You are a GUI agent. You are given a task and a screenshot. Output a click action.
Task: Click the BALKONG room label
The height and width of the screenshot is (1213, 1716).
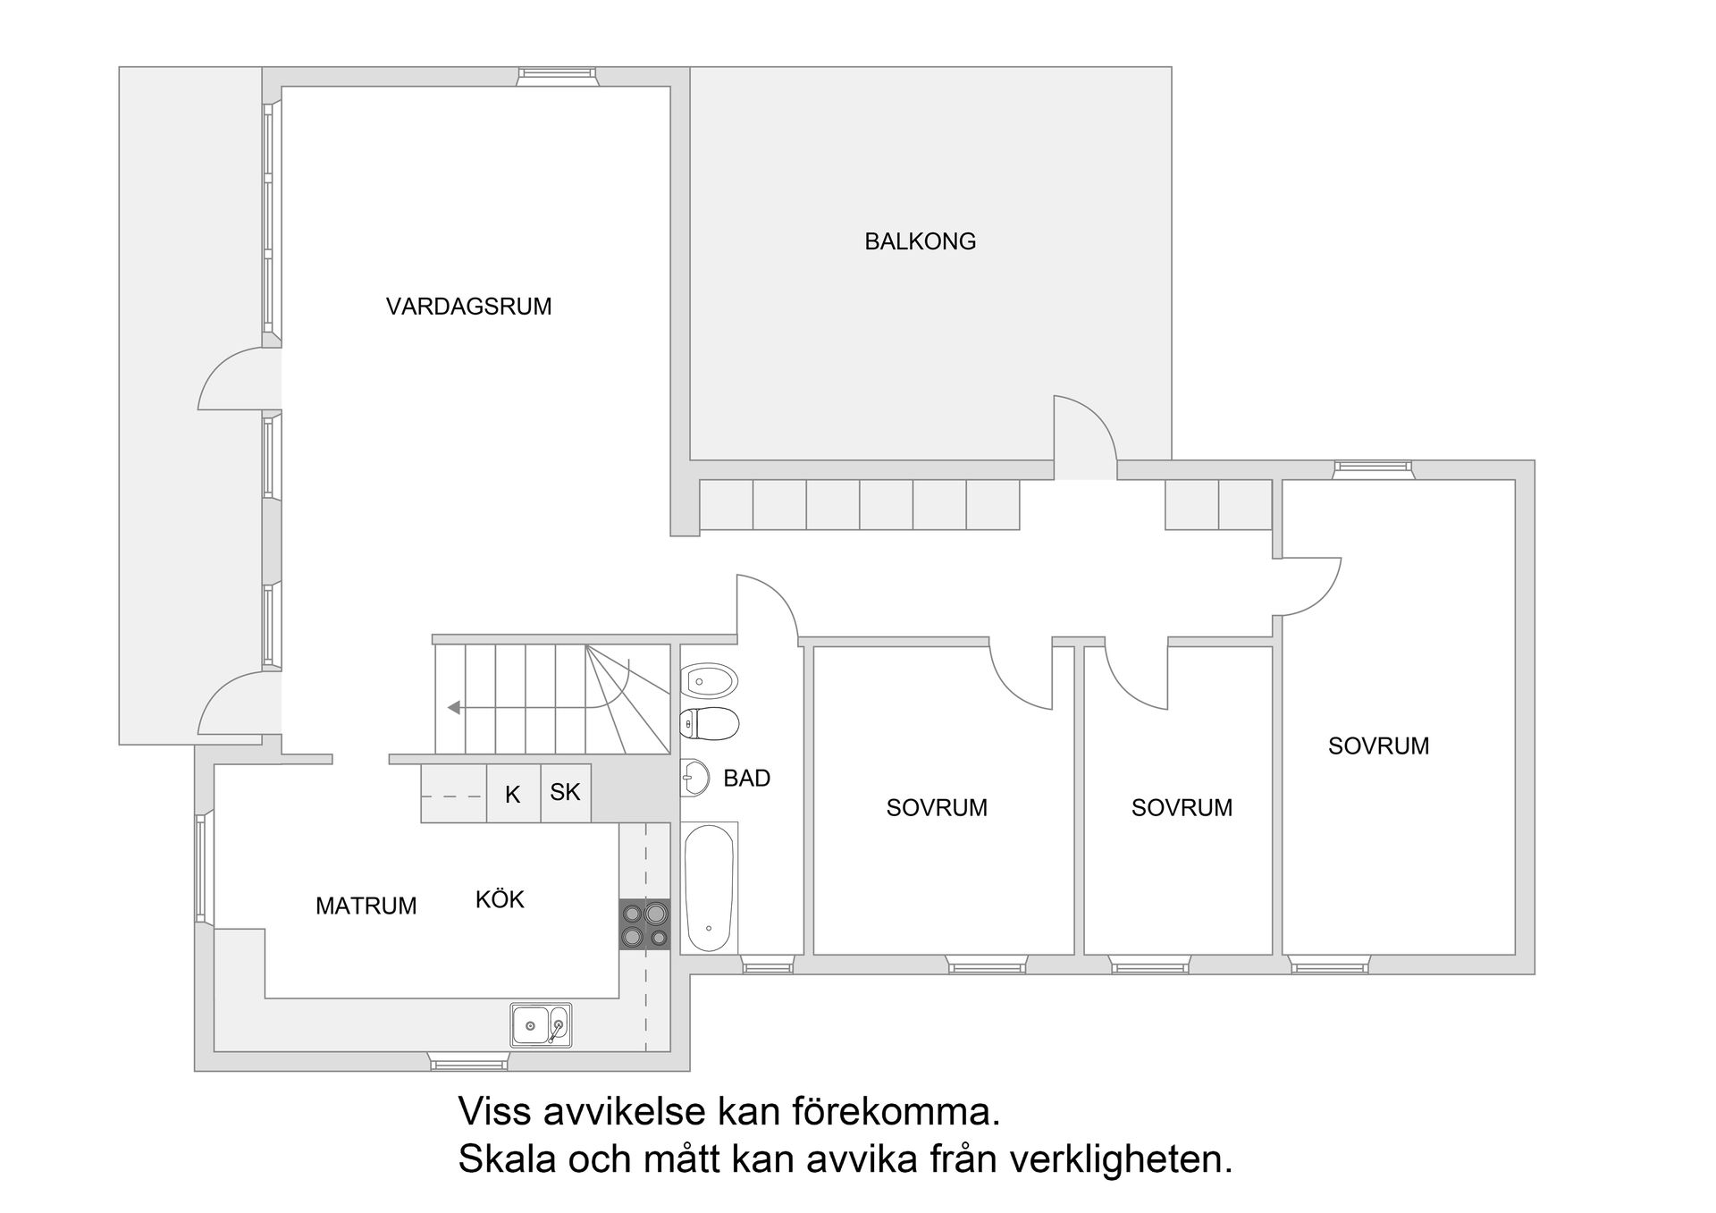pos(920,241)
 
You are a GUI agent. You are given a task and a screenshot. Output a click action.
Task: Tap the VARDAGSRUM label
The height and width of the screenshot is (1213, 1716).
pos(468,307)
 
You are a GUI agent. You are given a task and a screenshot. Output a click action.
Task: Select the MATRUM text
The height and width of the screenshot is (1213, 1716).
pos(366,906)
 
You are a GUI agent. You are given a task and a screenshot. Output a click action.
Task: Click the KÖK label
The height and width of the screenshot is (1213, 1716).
pos(500,899)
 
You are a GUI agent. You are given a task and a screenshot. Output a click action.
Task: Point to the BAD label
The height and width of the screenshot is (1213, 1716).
pos(746,778)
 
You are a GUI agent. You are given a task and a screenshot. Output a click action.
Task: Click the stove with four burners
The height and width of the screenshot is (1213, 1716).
pos(644,924)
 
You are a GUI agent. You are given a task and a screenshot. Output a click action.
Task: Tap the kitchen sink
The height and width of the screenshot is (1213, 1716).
pos(540,1024)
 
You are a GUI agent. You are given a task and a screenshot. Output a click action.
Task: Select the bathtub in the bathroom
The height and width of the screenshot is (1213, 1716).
pos(709,888)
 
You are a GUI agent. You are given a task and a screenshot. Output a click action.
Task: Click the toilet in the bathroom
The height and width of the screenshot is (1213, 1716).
pos(710,723)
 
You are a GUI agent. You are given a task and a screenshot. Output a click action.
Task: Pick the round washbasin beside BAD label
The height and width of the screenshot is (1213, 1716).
pos(694,778)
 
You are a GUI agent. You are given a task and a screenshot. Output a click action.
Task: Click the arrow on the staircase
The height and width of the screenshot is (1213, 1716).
pos(454,707)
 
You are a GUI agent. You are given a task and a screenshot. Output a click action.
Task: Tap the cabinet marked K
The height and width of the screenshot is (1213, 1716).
pos(513,794)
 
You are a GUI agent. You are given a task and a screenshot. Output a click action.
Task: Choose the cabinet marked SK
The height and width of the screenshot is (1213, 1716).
pos(565,792)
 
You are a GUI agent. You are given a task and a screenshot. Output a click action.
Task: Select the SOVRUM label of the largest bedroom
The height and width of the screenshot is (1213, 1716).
pos(1378,745)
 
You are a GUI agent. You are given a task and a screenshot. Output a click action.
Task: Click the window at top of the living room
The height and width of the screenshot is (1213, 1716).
pos(556,77)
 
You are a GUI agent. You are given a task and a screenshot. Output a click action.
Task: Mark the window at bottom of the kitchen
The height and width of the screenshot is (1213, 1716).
pos(468,1063)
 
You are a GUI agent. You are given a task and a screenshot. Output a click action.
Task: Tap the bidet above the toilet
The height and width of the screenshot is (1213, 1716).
pos(709,681)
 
